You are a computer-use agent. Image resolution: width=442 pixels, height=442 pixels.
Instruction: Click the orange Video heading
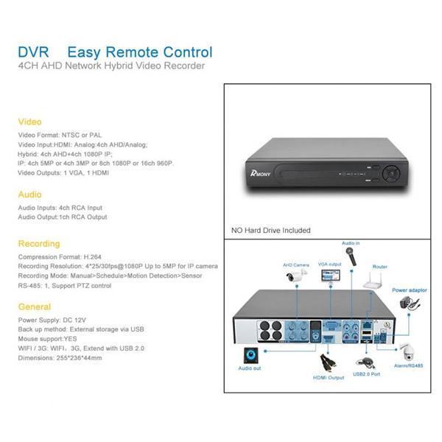(29, 122)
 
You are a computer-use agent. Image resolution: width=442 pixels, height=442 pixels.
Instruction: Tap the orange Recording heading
(39, 243)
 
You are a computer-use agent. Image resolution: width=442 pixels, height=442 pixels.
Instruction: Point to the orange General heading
(35, 306)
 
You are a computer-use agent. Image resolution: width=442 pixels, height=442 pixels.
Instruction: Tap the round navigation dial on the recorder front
(388, 175)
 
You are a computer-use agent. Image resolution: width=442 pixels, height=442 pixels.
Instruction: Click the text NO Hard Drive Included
(270, 231)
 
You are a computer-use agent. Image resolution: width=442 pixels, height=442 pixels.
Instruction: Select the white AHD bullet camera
(297, 278)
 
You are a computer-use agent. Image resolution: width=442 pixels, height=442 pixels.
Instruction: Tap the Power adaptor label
(409, 291)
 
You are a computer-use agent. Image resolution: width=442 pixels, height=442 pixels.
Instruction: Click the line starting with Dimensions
(60, 357)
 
